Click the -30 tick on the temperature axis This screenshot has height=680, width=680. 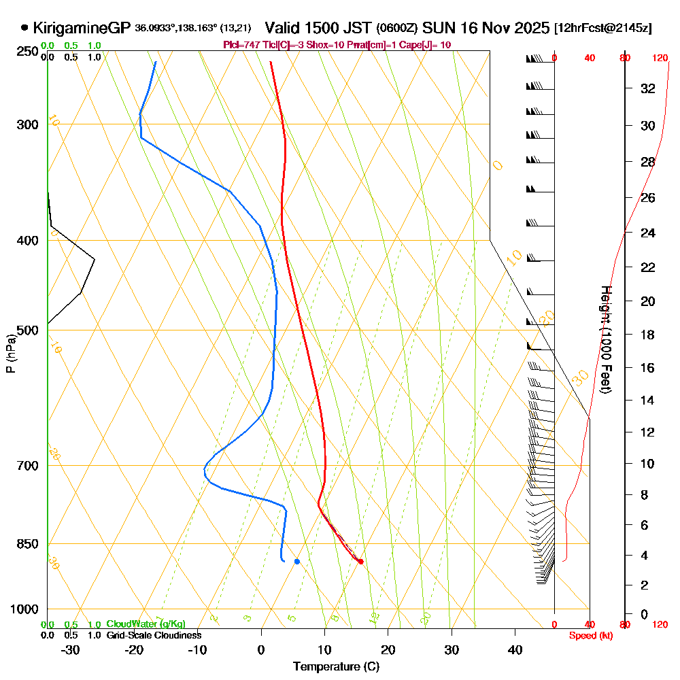pos(71,649)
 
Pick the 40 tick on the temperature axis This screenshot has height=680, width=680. pos(515,649)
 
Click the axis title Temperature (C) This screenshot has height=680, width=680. pos(336,666)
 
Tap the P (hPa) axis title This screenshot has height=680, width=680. pos(10,354)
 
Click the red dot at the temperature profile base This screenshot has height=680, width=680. pos(360,561)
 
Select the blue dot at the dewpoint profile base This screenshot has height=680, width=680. pos(297,561)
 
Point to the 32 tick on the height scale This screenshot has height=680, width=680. pos(648,88)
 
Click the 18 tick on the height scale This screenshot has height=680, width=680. pos(648,335)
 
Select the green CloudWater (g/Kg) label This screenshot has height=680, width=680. pos(146,624)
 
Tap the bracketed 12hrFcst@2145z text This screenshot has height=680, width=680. pos(603,29)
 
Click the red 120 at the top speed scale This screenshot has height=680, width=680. pos(660,58)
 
